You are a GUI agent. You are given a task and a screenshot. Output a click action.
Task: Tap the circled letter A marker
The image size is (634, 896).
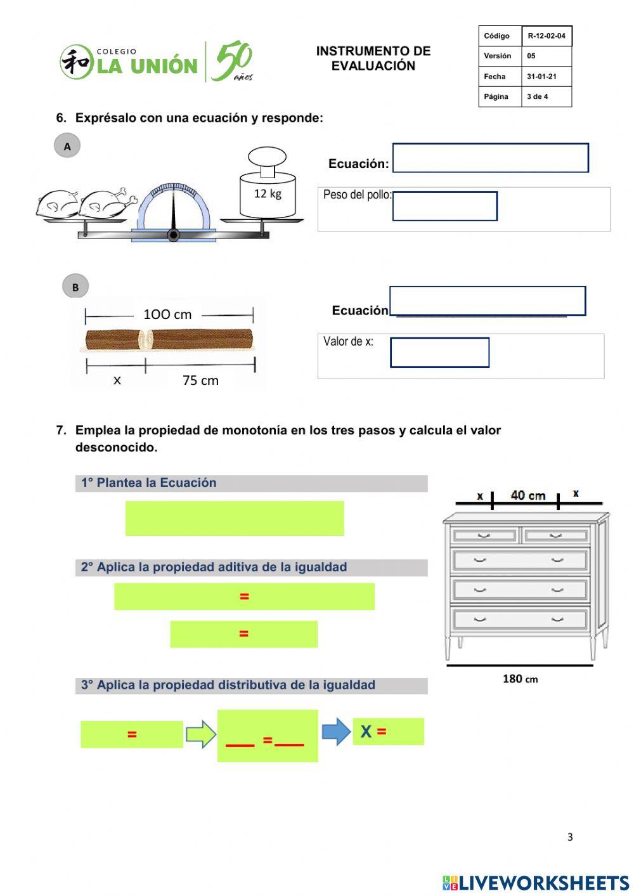pyautogui.click(x=67, y=146)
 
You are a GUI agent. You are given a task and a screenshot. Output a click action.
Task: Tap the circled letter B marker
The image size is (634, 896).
pyautogui.click(x=75, y=287)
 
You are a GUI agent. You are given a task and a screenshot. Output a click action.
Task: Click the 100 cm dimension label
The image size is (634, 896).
pyautogui.click(x=167, y=315)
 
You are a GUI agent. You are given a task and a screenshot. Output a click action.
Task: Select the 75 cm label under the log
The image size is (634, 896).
pyautogui.click(x=200, y=380)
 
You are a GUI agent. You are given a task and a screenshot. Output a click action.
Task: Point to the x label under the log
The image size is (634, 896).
pyautogui.click(x=117, y=380)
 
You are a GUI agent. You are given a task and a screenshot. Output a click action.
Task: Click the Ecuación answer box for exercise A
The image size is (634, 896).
pyautogui.click(x=490, y=158)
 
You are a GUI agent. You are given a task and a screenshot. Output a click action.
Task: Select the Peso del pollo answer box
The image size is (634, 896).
pyautogui.click(x=444, y=206)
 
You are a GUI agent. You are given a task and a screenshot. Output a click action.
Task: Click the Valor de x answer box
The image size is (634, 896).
pyautogui.click(x=439, y=353)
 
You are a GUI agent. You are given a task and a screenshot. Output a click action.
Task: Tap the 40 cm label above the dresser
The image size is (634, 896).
pyautogui.click(x=527, y=495)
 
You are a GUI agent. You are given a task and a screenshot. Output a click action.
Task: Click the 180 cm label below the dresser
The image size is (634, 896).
pyautogui.click(x=520, y=679)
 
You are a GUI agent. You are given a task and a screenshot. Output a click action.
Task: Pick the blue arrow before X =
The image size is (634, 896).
pyautogui.click(x=336, y=732)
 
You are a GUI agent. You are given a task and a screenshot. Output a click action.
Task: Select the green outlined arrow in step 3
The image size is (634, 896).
pyautogui.click(x=201, y=734)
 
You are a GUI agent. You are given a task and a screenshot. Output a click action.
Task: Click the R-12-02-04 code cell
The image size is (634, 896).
pyautogui.click(x=547, y=36)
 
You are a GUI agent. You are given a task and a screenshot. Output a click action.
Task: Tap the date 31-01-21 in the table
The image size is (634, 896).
pyautogui.click(x=541, y=77)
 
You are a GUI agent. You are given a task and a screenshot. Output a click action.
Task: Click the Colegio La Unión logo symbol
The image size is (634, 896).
pyautogui.click(x=76, y=62)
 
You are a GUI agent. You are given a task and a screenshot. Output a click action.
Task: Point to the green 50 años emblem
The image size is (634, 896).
pyautogui.click(x=232, y=62)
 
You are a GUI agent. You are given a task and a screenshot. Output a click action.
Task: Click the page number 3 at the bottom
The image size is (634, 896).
pyautogui.click(x=570, y=837)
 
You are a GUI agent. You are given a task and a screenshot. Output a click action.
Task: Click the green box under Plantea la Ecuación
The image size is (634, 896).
pyautogui.click(x=235, y=518)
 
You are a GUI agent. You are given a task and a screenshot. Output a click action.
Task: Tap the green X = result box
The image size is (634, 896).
pyautogui.click(x=388, y=732)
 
